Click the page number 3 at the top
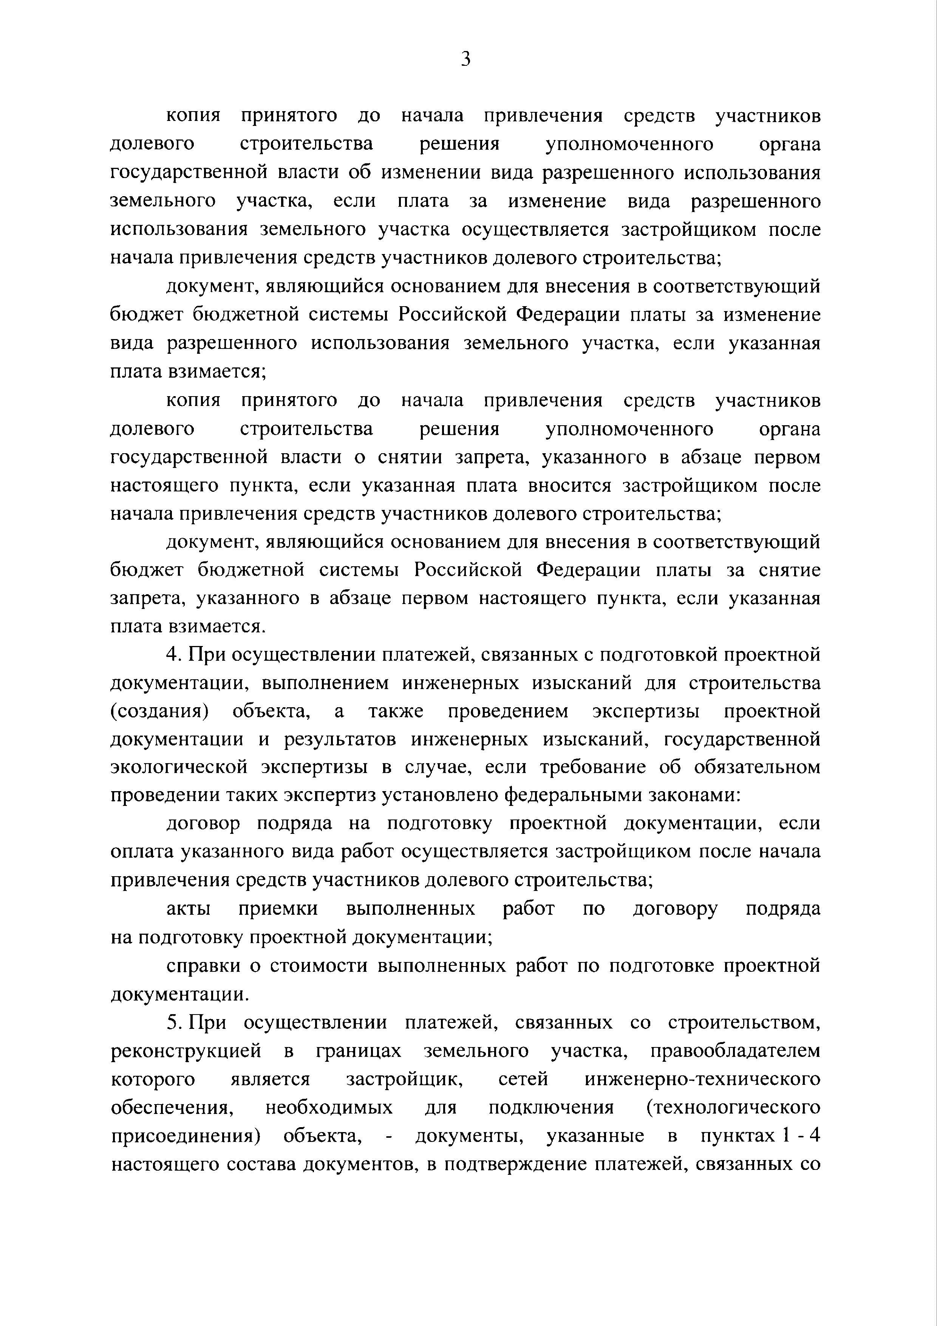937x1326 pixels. pyautogui.click(x=467, y=59)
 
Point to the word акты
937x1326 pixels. pyautogui.click(x=188, y=909)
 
